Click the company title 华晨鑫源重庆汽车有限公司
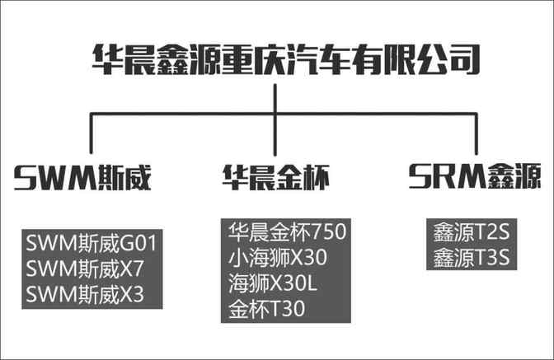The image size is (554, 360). (286, 59)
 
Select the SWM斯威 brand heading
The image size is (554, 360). (82, 178)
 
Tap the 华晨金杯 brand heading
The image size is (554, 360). (276, 178)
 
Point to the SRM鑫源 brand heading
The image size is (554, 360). (475, 175)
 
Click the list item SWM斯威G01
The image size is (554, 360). (92, 243)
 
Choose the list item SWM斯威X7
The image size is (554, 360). (85, 269)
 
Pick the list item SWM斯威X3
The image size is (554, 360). (85, 294)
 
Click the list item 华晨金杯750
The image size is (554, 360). (287, 231)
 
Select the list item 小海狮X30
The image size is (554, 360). (278, 257)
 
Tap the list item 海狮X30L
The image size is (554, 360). (272, 283)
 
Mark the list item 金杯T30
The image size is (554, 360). (267, 308)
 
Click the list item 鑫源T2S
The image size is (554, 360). (472, 232)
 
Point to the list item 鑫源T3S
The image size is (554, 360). (472, 257)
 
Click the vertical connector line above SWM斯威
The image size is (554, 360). (92, 133)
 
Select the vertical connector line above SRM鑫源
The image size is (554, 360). (476, 133)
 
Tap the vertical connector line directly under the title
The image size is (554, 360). (275, 119)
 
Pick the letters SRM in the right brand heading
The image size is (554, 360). (447, 175)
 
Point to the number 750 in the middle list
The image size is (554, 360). (329, 231)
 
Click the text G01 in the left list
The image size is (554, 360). (138, 243)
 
